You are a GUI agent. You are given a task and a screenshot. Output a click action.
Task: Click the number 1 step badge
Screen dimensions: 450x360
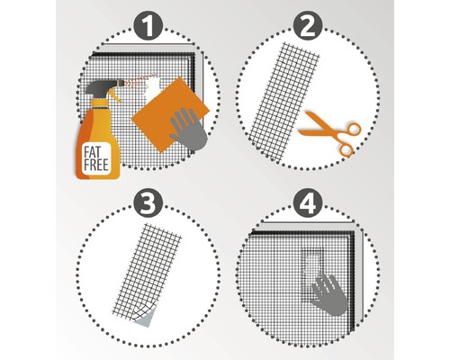tap(148, 26)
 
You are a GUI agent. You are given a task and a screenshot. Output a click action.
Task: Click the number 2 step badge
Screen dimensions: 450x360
tap(308, 26)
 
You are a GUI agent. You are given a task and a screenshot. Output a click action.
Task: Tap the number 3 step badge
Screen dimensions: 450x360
tap(148, 204)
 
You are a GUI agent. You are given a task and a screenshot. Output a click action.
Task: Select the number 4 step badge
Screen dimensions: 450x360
tap(308, 204)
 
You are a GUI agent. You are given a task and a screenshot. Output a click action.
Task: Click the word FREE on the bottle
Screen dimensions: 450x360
tap(96, 166)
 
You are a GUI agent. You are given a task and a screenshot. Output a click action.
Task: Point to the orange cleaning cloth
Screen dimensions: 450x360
tap(169, 114)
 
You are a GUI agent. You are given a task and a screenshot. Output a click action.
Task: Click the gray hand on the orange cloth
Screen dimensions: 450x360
tap(188, 129)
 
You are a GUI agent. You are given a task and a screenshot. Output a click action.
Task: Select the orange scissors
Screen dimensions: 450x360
tap(331, 133)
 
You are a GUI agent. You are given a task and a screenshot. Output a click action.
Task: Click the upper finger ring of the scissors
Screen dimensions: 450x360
tap(353, 129)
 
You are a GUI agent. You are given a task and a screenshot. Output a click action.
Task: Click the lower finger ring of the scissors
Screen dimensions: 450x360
tap(346, 149)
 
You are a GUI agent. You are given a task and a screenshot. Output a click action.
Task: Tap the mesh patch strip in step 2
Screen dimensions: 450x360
tap(283, 101)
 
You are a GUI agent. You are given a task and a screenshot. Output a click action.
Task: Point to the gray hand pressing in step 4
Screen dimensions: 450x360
tap(329, 294)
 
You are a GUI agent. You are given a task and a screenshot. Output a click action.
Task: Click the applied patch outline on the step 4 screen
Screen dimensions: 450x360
tap(312, 274)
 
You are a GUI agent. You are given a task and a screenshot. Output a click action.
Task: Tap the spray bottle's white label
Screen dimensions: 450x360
tap(96, 159)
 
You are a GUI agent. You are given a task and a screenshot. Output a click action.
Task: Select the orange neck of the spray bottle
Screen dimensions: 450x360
tap(99, 103)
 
